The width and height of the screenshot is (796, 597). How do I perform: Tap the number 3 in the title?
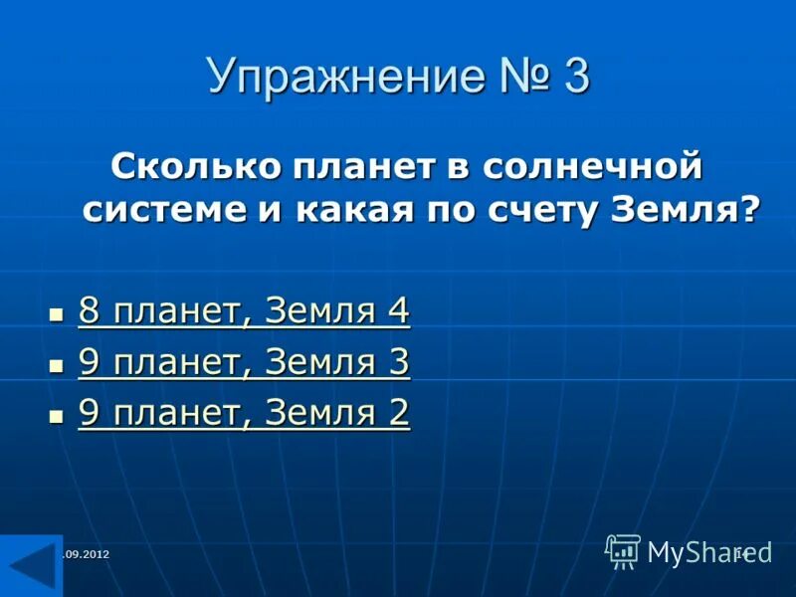(x=576, y=77)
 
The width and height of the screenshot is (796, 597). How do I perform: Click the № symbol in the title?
(x=510, y=77)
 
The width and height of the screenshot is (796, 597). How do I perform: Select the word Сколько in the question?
(x=195, y=164)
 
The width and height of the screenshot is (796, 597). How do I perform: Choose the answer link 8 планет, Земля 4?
(x=244, y=311)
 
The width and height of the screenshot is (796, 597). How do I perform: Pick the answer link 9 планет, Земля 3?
(x=244, y=363)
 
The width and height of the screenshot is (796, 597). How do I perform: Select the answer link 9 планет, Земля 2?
(x=244, y=414)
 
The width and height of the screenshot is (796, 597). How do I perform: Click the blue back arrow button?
(x=30, y=565)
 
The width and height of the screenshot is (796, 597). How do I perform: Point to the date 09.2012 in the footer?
(x=87, y=554)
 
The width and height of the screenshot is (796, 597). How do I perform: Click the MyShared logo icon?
(x=623, y=550)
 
